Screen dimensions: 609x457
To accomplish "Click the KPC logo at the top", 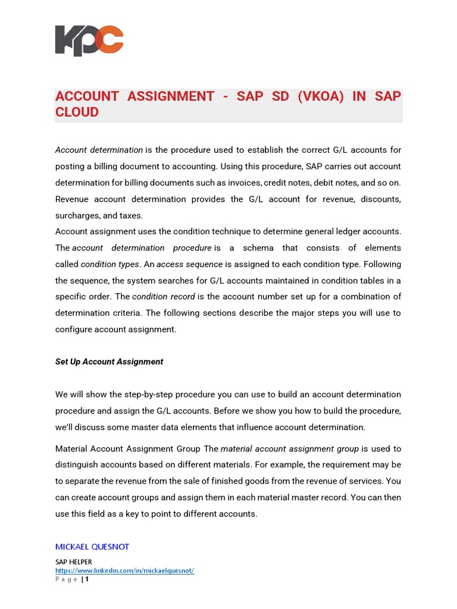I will click(x=89, y=40).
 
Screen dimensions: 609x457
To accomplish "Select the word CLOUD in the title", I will click(x=77, y=112).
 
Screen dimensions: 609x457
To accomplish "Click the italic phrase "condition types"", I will click(x=110, y=264).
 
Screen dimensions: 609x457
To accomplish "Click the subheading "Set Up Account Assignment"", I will click(x=109, y=362).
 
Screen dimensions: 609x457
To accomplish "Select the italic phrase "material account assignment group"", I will click(x=290, y=448).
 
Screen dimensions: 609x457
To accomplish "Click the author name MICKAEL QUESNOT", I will click(x=92, y=547).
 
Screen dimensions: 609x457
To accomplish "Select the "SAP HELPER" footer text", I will click(x=73, y=562).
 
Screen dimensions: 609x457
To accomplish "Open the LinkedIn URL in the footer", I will click(x=124, y=571).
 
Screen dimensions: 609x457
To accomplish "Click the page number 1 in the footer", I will click(x=87, y=579).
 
